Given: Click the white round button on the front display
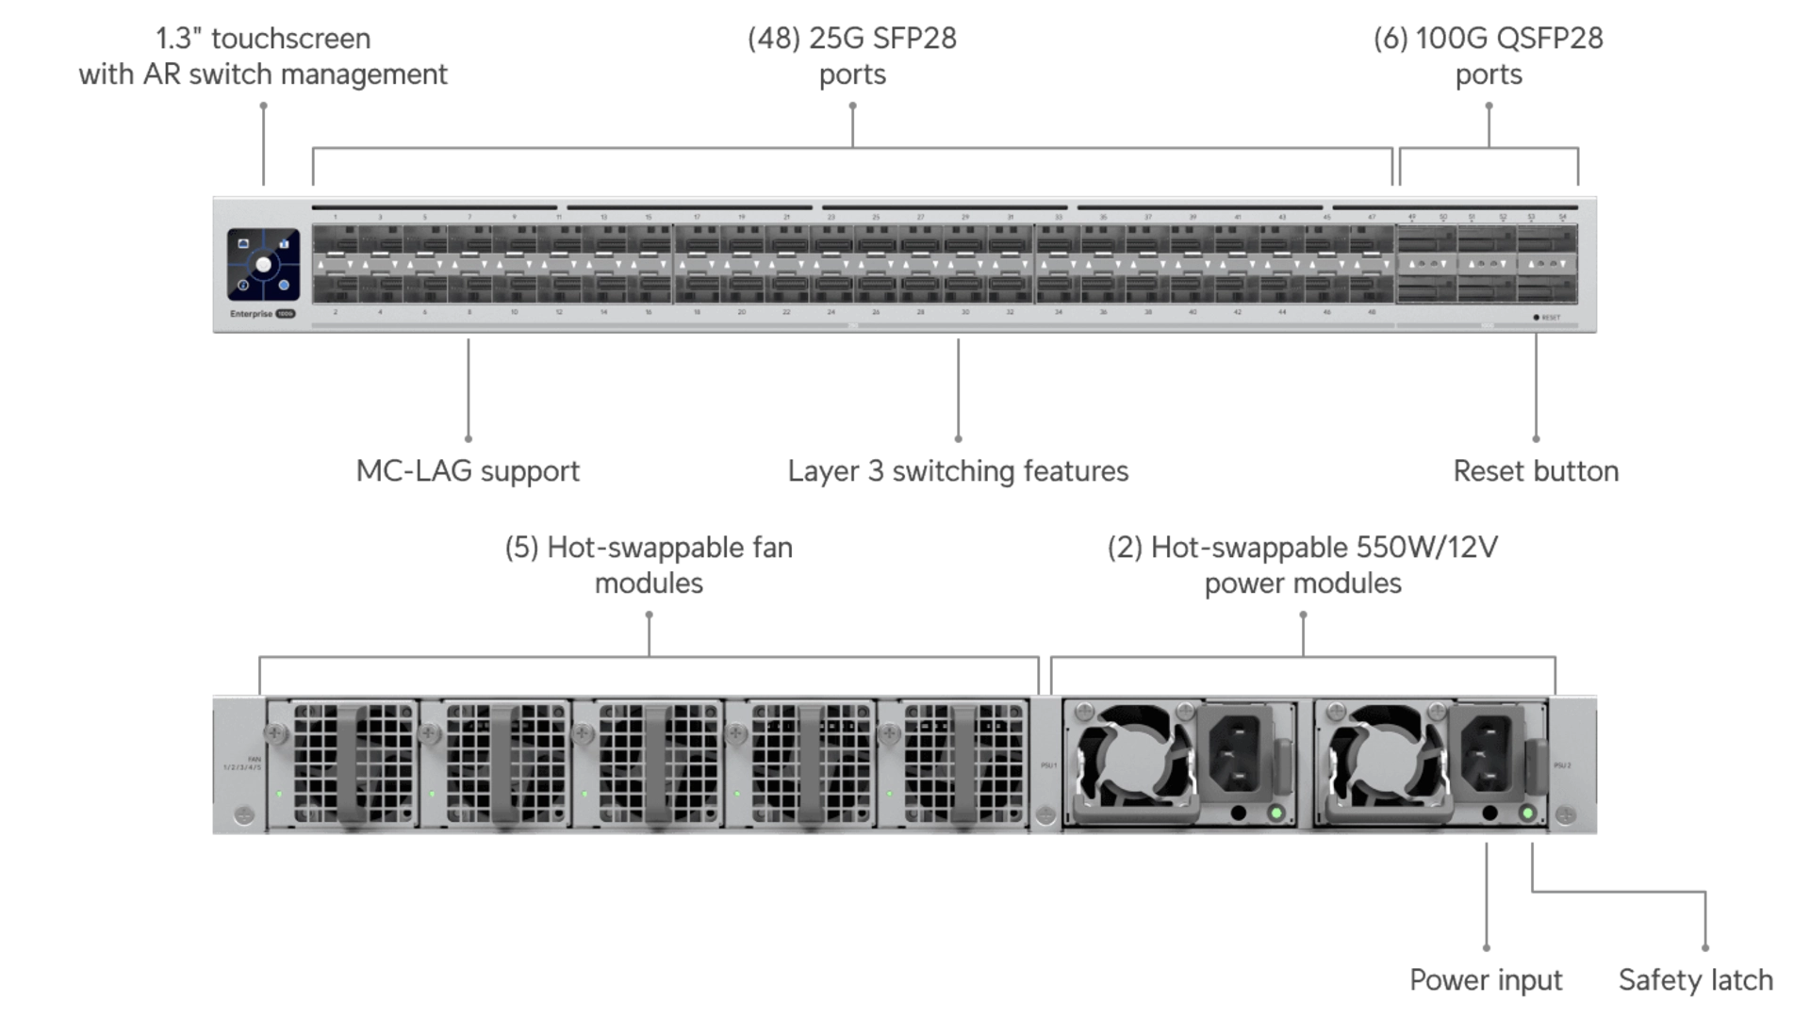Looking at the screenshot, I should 263,265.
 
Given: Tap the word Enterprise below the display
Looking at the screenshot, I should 251,314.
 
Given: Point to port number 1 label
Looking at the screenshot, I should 336,218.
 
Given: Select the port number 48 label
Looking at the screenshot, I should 1372,312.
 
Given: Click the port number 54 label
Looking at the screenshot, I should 1562,218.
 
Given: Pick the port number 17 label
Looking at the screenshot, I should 697,218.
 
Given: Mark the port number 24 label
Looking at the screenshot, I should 831,312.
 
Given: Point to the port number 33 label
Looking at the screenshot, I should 1059,218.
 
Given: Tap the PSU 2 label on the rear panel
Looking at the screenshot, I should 1562,765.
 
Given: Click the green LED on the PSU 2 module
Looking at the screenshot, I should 1527,813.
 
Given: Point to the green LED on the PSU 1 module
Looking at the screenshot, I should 1276,813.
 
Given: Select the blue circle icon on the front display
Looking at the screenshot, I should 284,285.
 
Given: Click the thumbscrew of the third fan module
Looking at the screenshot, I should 583,732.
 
